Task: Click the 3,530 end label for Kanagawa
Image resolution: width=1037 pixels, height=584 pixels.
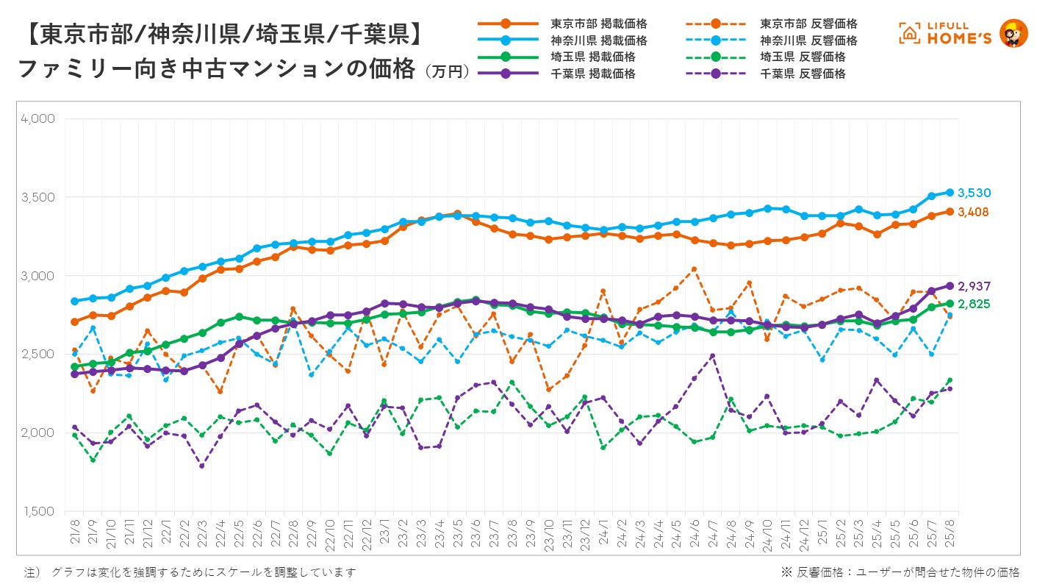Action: tap(975, 193)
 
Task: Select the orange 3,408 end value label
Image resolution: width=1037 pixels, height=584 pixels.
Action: tap(974, 212)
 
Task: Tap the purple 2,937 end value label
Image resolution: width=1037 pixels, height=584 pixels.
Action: tap(974, 285)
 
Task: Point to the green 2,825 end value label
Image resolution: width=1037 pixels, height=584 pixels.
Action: tap(974, 303)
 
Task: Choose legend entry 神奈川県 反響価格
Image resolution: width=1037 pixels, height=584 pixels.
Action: tap(808, 40)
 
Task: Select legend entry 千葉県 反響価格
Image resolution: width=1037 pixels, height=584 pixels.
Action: tap(803, 74)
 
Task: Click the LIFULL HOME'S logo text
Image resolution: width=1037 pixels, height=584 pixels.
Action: tap(945, 34)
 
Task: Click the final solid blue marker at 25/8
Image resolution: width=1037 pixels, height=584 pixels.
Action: tap(950, 193)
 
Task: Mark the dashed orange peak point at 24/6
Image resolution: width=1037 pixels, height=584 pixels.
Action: tap(695, 269)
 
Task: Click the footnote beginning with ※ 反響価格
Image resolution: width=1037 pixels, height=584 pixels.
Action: tap(900, 572)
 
